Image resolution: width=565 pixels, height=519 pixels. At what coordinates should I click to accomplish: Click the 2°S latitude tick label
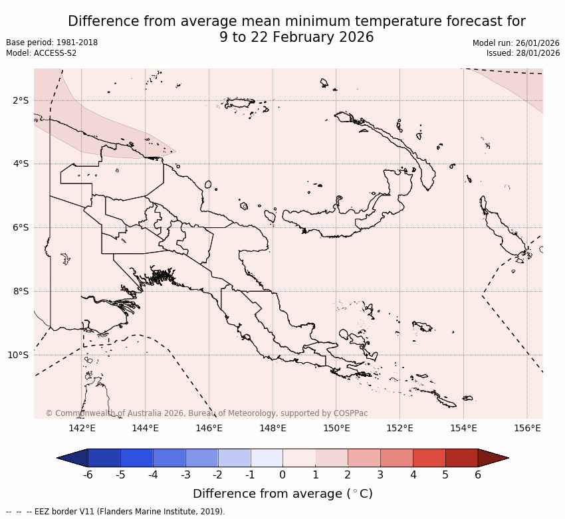21,100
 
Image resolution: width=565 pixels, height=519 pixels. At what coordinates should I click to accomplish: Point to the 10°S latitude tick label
18,355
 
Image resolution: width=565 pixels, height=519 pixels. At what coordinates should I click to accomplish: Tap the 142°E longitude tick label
82,429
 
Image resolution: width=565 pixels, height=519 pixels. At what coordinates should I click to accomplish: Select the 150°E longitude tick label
336,429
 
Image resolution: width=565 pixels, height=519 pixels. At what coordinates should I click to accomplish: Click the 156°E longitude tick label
527,429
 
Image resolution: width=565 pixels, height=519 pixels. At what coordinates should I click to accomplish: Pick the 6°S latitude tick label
21,227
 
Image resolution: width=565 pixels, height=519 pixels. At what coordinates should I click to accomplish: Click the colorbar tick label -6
87,474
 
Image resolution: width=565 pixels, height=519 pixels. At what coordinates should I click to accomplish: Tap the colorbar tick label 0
282,474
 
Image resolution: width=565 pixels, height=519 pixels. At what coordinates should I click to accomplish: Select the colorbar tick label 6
478,474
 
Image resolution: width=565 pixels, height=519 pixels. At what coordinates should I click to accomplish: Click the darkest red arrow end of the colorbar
493,458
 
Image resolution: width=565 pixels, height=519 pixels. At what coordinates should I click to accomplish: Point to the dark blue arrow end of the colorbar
72,458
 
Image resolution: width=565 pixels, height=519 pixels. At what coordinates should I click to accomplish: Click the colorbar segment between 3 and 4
397,458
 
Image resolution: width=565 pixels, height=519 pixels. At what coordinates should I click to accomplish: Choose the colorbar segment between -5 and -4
136,458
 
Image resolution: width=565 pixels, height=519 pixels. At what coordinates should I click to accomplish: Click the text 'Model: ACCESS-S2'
41,53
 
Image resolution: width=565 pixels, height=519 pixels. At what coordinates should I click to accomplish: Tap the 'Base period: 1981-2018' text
52,43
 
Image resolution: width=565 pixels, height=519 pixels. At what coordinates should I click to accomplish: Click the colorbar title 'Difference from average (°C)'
282,494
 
